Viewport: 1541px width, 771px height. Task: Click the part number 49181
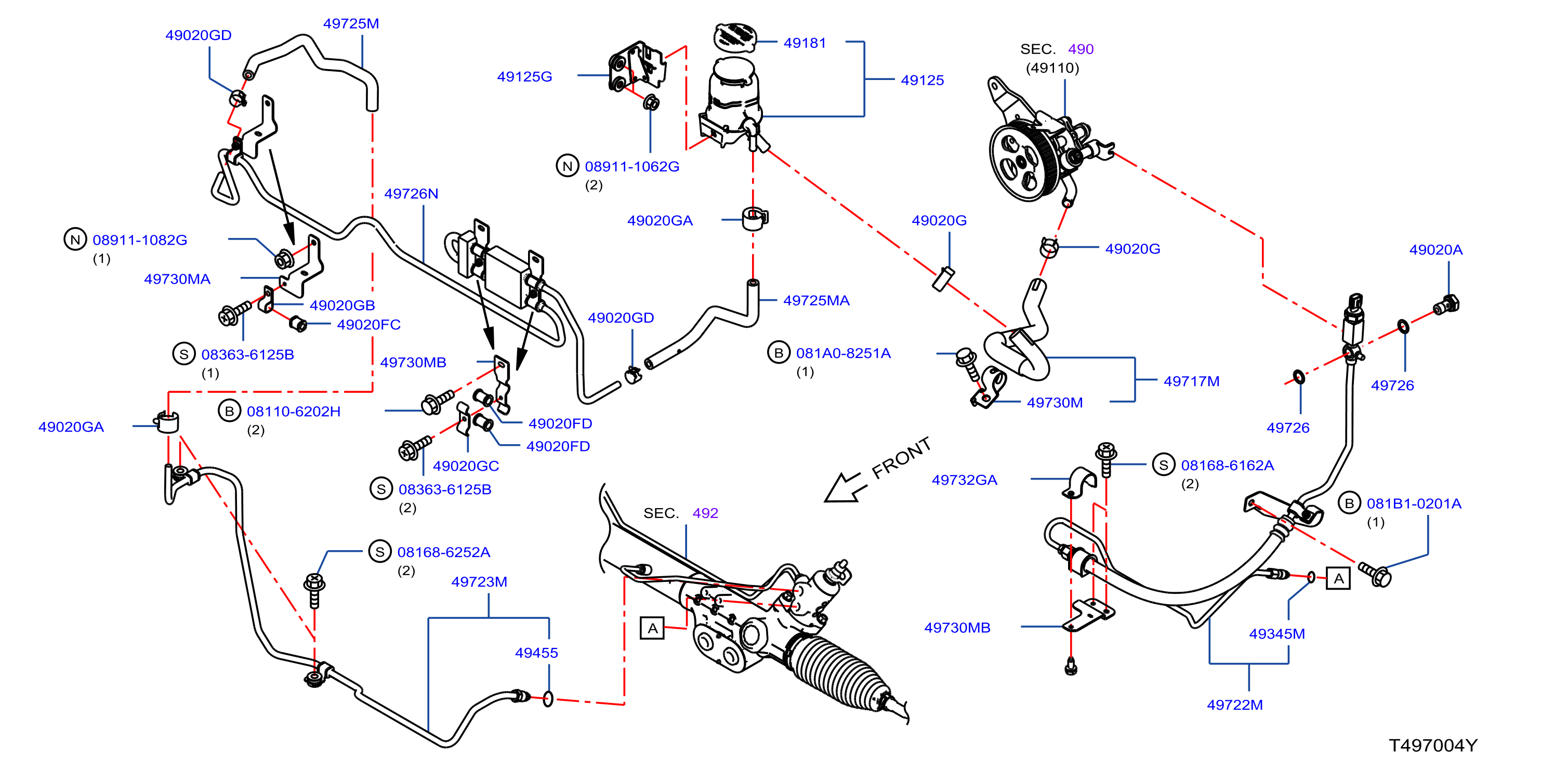click(x=805, y=43)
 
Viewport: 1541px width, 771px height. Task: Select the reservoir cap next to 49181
click(x=735, y=36)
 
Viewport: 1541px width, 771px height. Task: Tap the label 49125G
click(x=524, y=76)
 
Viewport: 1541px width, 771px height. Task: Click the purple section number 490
click(x=1081, y=49)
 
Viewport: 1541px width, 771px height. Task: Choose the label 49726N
click(x=411, y=194)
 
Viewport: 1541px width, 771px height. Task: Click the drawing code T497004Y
click(x=1433, y=745)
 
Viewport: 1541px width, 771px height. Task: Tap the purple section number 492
click(x=705, y=513)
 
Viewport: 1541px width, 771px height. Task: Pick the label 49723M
click(x=479, y=582)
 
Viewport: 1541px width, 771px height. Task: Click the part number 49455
click(x=536, y=653)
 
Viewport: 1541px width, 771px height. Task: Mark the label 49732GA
click(x=964, y=480)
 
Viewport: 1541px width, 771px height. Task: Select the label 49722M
click(x=1235, y=705)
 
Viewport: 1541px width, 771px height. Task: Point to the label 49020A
click(x=1435, y=250)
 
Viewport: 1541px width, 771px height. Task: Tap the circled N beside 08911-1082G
click(x=75, y=240)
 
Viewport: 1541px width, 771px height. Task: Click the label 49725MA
click(x=816, y=301)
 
